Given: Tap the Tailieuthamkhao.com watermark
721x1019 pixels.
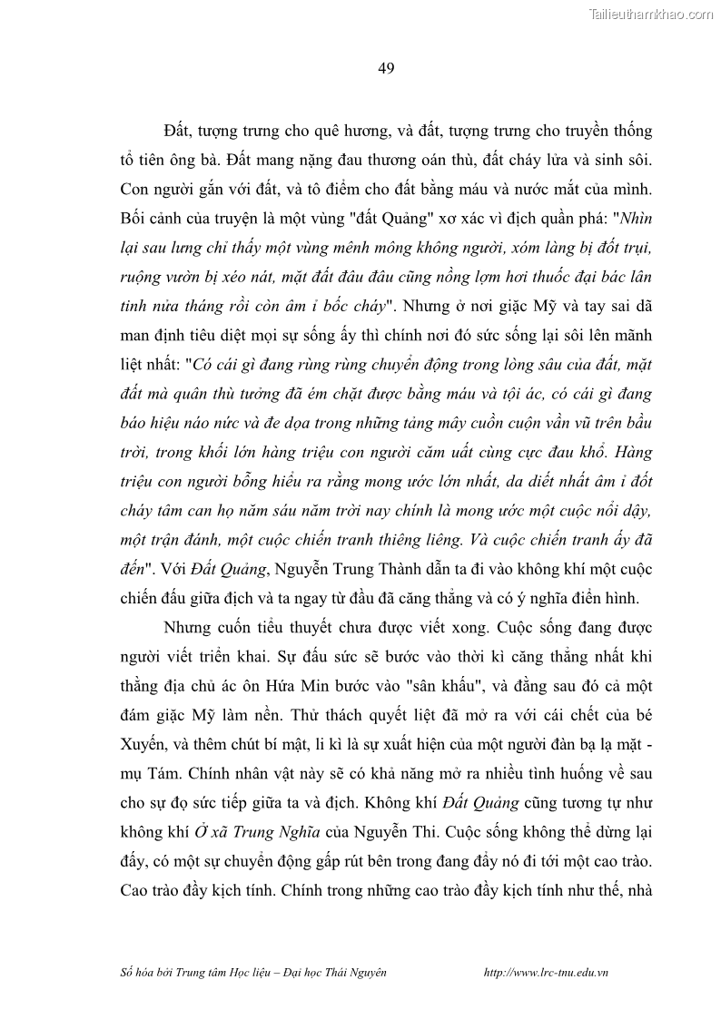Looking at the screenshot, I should [652, 14].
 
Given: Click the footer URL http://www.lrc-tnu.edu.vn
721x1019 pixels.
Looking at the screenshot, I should [547, 972].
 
